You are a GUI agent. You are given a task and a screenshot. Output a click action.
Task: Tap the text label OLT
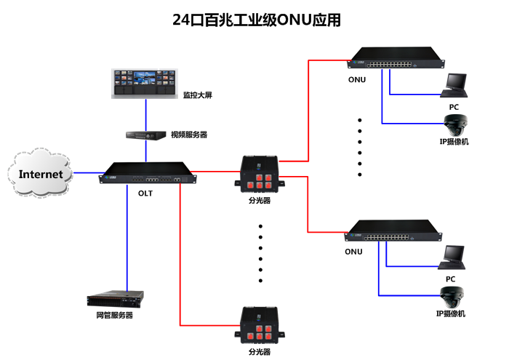point(145,193)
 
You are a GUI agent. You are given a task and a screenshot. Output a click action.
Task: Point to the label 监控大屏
point(197,95)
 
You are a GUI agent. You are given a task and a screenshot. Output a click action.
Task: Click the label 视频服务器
point(189,135)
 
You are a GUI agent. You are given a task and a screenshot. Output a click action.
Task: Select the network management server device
point(115,298)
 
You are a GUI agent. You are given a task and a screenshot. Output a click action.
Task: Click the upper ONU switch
point(396,61)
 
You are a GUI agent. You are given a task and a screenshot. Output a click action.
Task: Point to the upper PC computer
point(455,85)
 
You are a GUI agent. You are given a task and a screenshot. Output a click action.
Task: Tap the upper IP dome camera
point(455,124)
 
